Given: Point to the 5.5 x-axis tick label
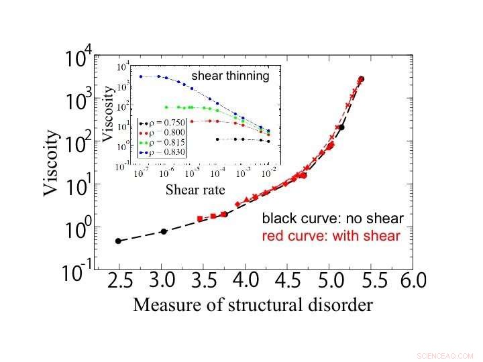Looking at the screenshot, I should tap(371, 280).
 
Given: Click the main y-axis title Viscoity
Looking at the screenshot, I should tap(52, 163).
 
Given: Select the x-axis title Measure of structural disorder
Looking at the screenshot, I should tap(252, 305).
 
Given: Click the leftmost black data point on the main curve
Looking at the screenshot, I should tap(118, 241).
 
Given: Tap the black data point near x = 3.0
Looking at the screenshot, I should tap(164, 231).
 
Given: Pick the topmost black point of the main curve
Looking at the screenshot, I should tap(362, 79).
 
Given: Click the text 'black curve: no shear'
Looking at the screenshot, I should tap(332, 219).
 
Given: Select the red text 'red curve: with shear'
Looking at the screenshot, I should tap(331, 235).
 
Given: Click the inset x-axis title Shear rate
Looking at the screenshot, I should tap(195, 190).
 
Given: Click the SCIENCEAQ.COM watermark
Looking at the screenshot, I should tap(445, 355).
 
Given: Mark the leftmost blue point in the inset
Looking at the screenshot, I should tap(141, 76).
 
